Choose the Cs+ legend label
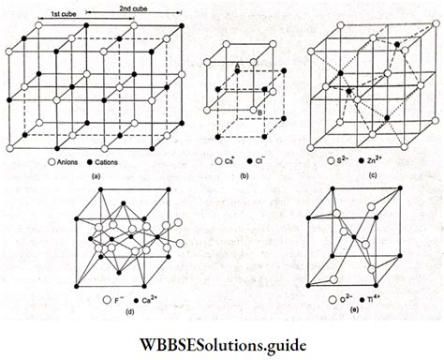pyautogui.click(x=234, y=162)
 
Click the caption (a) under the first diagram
pyautogui.click(x=96, y=178)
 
